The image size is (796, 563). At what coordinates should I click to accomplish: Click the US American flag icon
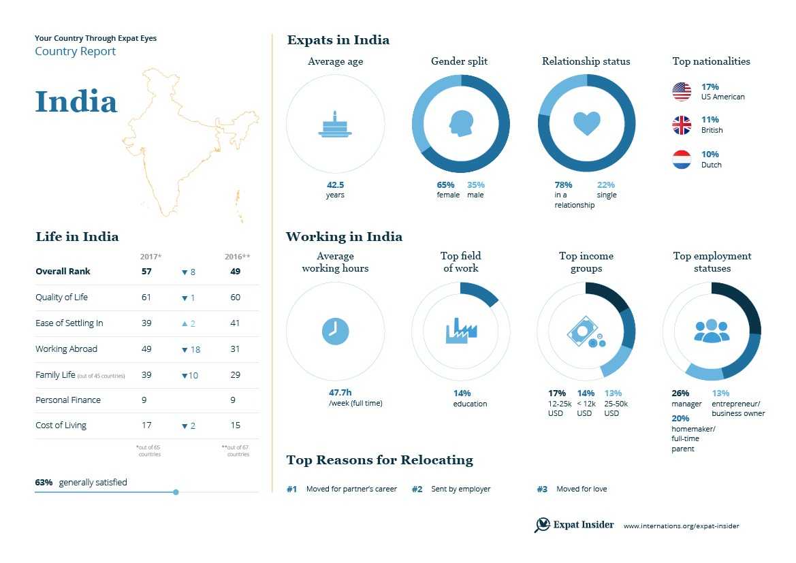click(682, 91)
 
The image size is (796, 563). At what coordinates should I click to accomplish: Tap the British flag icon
click(682, 125)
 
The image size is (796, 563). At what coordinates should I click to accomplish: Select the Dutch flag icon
click(682, 160)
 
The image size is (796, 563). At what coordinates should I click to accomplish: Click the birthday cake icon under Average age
click(335, 125)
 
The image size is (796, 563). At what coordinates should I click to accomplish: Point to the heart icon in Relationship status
click(586, 123)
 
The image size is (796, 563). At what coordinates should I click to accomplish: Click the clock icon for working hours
click(335, 332)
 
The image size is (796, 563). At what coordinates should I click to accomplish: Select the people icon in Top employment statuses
click(712, 331)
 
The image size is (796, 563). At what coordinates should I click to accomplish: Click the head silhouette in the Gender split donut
click(460, 123)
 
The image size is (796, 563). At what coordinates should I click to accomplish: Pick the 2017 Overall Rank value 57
click(146, 272)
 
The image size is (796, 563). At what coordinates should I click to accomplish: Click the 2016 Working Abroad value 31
click(235, 349)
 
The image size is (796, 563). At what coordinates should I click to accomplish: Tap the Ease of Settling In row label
click(69, 323)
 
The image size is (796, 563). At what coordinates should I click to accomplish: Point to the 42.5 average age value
click(335, 184)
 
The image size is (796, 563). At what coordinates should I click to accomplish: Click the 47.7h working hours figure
click(340, 393)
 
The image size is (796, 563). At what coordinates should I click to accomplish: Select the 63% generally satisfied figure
click(44, 482)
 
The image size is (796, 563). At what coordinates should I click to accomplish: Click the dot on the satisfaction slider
click(176, 492)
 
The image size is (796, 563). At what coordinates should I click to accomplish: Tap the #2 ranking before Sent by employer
click(417, 489)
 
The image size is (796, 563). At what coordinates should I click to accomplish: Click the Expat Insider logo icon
click(542, 525)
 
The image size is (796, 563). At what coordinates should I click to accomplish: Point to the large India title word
click(76, 102)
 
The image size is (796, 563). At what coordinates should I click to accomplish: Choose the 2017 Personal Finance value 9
click(144, 400)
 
